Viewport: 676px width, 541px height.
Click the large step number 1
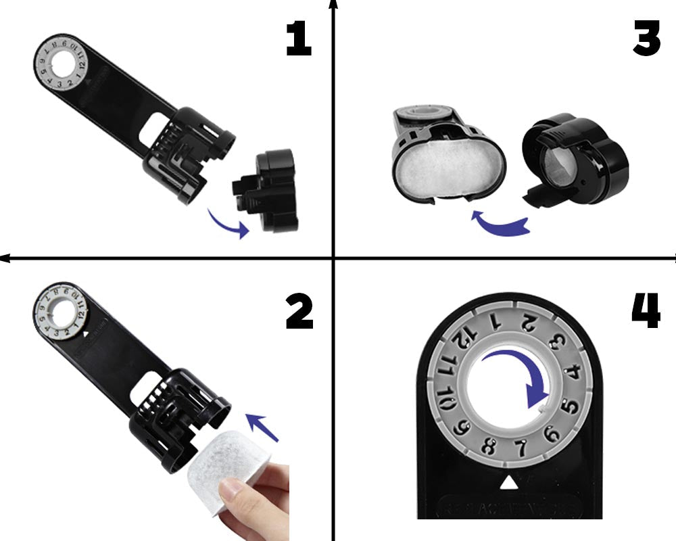pos(298,40)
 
